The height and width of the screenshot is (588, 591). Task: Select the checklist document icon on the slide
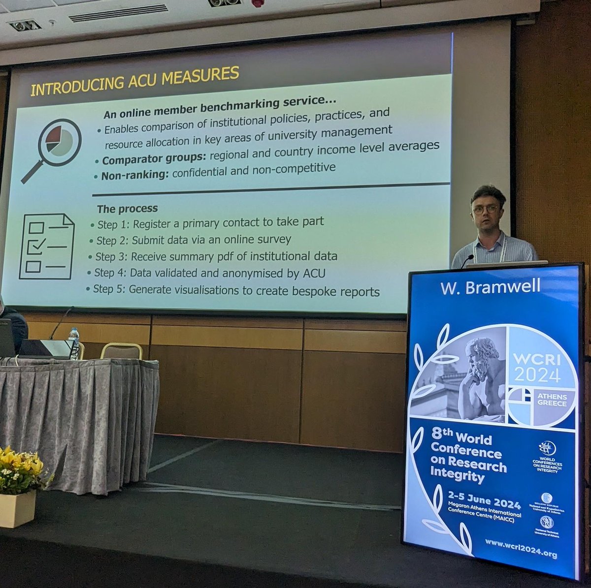pos(46,246)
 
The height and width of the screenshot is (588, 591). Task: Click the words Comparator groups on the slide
pos(154,159)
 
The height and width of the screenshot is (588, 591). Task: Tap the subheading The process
pos(127,209)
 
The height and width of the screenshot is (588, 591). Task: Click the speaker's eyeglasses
pos(485,210)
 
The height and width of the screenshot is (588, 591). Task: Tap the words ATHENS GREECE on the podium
pos(552,400)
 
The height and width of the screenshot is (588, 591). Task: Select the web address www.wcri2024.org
pos(521,554)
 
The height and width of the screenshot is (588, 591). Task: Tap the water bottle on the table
pos(74,343)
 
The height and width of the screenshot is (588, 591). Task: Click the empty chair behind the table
pos(122,351)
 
